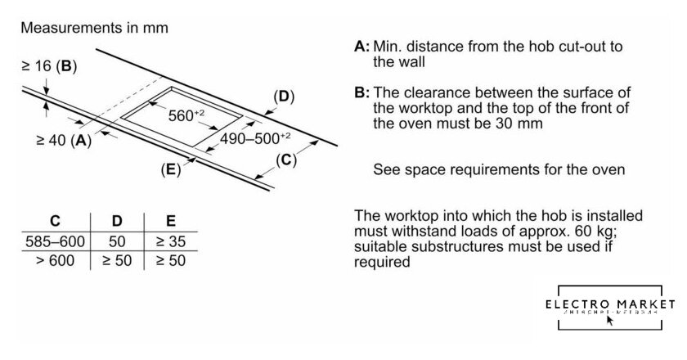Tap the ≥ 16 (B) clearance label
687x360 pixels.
point(48,66)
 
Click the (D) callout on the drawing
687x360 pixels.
point(283,97)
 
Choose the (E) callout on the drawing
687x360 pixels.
point(170,170)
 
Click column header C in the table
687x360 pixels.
point(54,221)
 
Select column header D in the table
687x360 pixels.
point(116,221)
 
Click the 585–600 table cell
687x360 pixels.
point(54,243)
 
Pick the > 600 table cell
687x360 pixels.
point(54,261)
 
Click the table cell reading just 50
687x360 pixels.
point(116,243)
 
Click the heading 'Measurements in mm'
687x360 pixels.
point(94,28)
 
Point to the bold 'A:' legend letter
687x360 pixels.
point(362,47)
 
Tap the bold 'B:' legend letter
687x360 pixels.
point(362,92)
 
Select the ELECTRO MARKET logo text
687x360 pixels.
point(612,304)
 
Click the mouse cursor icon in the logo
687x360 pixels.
point(609,320)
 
